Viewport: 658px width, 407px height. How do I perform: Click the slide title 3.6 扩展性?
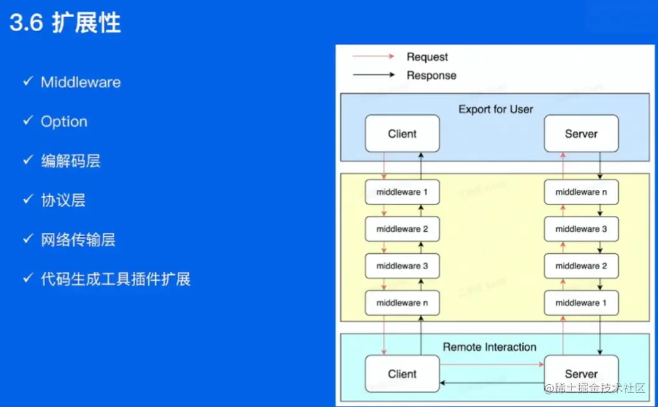click(65, 23)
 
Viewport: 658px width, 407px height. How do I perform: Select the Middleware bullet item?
click(80, 83)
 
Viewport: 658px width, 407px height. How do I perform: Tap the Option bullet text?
click(64, 122)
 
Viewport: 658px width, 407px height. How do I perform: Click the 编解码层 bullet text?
click(71, 161)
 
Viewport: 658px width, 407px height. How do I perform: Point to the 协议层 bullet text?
click(63, 201)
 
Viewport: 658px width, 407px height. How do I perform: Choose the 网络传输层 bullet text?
click(78, 240)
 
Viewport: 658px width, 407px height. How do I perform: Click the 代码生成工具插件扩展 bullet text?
click(115, 279)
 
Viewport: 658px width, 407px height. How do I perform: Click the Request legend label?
click(427, 57)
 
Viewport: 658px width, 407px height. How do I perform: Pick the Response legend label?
click(431, 76)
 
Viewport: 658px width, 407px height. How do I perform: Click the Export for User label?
click(496, 109)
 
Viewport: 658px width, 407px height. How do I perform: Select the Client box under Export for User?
click(402, 134)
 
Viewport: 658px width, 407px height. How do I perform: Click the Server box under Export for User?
click(581, 134)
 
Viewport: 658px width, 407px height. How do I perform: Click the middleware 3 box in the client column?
click(402, 266)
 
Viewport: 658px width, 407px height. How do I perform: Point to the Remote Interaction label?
click(490, 347)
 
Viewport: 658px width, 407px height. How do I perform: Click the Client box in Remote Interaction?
click(402, 374)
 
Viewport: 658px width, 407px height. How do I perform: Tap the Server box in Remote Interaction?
click(581, 374)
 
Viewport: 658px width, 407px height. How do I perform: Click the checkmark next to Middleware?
click(27, 82)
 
